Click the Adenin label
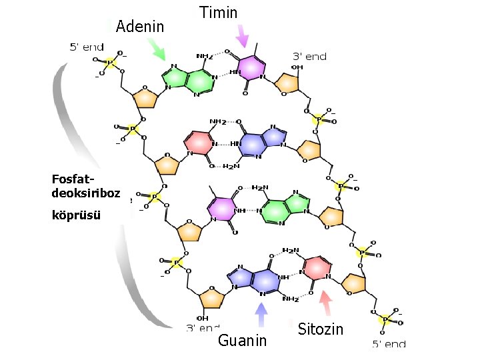pos(139,27)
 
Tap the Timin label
pos(218,12)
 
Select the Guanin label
pos(243,341)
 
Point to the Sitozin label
pos(320,329)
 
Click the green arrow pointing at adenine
pos(157,48)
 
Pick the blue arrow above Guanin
pos(261,315)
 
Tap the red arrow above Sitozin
pos(325,304)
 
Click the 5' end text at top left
pos(87,47)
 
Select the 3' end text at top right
pos(310,57)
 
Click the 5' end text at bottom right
pos(389,344)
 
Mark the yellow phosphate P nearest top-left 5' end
pos(111,62)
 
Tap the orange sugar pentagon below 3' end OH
pos(287,83)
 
